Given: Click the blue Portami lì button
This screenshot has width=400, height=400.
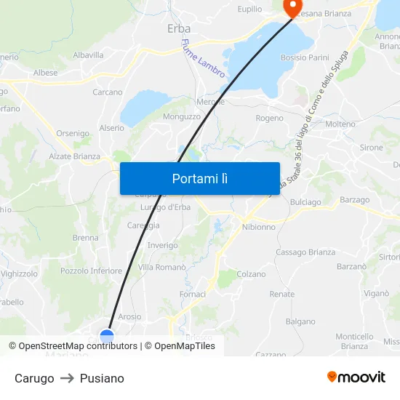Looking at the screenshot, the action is (x=200, y=178).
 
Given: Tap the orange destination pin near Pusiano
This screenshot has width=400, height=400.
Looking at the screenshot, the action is (x=293, y=7).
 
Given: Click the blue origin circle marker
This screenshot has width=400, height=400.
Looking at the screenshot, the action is (x=107, y=336).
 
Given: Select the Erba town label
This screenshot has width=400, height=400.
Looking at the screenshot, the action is (x=179, y=28).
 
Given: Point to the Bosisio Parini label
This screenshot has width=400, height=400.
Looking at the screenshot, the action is (x=305, y=57).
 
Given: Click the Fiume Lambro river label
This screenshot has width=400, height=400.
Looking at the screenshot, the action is (x=203, y=58).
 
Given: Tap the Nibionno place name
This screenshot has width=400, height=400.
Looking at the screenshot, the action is (x=258, y=227).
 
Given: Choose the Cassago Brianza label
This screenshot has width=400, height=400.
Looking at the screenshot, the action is (x=305, y=252).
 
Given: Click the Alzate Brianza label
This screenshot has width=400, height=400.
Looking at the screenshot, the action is (x=74, y=156).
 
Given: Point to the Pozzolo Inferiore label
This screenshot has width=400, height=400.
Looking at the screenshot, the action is (x=91, y=271).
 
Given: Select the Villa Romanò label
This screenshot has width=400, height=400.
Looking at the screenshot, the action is (x=162, y=268).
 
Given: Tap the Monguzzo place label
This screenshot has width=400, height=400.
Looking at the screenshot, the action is (x=182, y=116).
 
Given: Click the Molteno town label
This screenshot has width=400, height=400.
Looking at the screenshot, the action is (x=340, y=124).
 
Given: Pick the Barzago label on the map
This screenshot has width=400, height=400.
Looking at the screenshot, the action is (x=354, y=200).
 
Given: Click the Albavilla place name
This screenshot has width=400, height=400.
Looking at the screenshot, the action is (x=88, y=55).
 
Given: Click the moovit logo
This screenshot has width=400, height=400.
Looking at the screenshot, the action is (x=356, y=377).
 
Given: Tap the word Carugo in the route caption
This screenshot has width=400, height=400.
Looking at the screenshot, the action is (x=34, y=378).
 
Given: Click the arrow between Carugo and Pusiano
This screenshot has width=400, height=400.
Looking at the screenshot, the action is (x=67, y=378).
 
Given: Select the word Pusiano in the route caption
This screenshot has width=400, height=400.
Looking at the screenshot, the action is (x=102, y=378).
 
